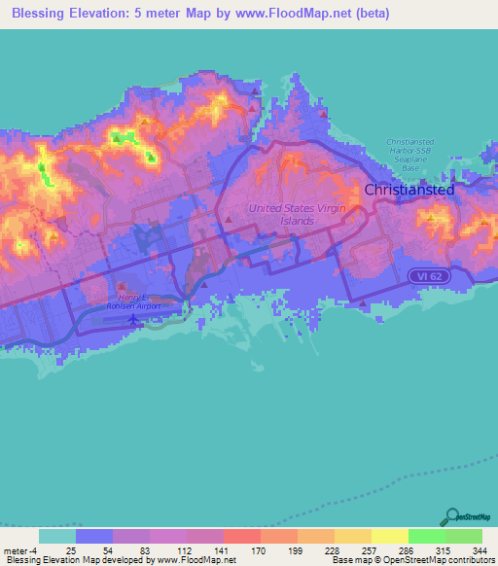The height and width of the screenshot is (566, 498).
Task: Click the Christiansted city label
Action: (x=409, y=191)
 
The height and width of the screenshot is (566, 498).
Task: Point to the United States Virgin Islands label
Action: (x=281, y=214)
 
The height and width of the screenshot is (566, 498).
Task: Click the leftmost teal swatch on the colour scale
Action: (x=56, y=535)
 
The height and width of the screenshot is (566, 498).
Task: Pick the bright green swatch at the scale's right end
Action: (x=464, y=535)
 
